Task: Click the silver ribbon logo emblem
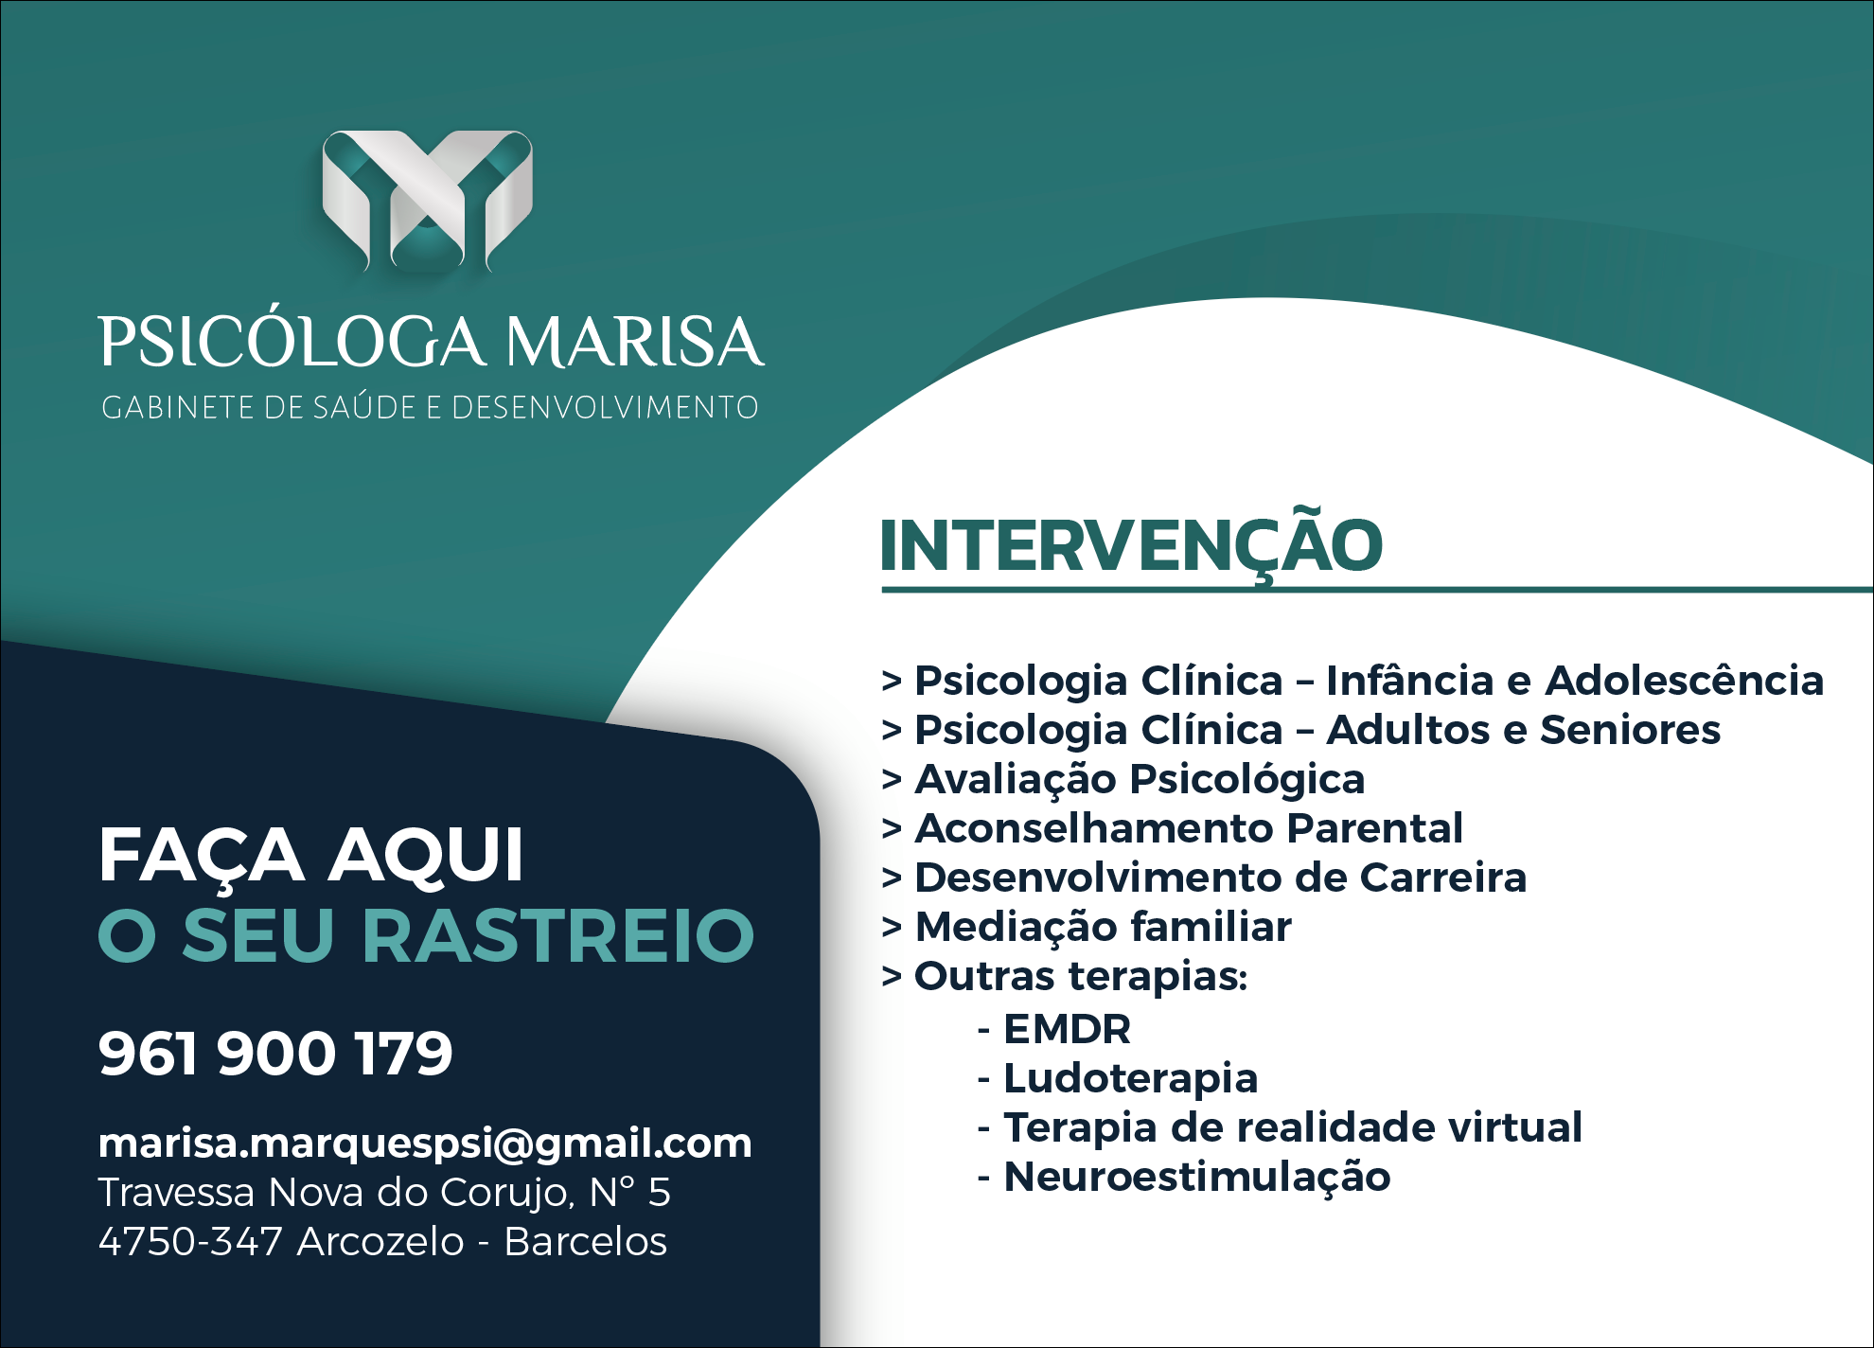[x=427, y=201]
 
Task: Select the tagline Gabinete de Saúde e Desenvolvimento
[x=430, y=407]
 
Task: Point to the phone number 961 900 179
[x=275, y=1054]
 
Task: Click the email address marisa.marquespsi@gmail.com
[x=425, y=1144]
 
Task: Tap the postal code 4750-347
[x=190, y=1241]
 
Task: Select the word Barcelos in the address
[x=585, y=1241]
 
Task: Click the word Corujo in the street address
[x=507, y=1194]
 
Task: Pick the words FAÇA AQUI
[x=310, y=856]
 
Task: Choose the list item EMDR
[x=1067, y=1029]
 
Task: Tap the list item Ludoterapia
[x=1130, y=1079]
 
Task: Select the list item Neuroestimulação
[x=1196, y=1178]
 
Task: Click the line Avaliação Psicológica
[x=1140, y=780]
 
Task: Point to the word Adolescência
[x=1684, y=681]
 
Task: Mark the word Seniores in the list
[x=1630, y=730]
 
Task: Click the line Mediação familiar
[x=1103, y=927]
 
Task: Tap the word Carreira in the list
[x=1442, y=878]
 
